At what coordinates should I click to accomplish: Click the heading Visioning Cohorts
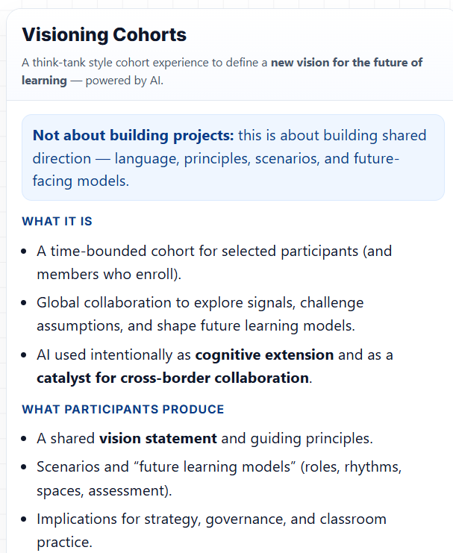point(104,34)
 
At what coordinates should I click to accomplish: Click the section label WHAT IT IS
point(57,222)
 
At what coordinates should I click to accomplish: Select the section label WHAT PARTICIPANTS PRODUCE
point(122,409)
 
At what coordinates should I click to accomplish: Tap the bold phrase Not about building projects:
point(134,136)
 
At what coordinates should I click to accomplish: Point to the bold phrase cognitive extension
point(264,354)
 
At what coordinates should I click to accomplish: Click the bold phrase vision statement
point(158,438)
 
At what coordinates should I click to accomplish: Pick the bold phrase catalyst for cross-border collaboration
point(172,378)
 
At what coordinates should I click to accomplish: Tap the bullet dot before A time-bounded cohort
point(26,251)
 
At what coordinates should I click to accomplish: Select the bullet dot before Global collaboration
point(26,303)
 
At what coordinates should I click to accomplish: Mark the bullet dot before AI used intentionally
point(26,355)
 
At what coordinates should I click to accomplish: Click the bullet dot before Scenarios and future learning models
point(26,467)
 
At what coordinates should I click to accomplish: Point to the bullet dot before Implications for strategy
point(26,519)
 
